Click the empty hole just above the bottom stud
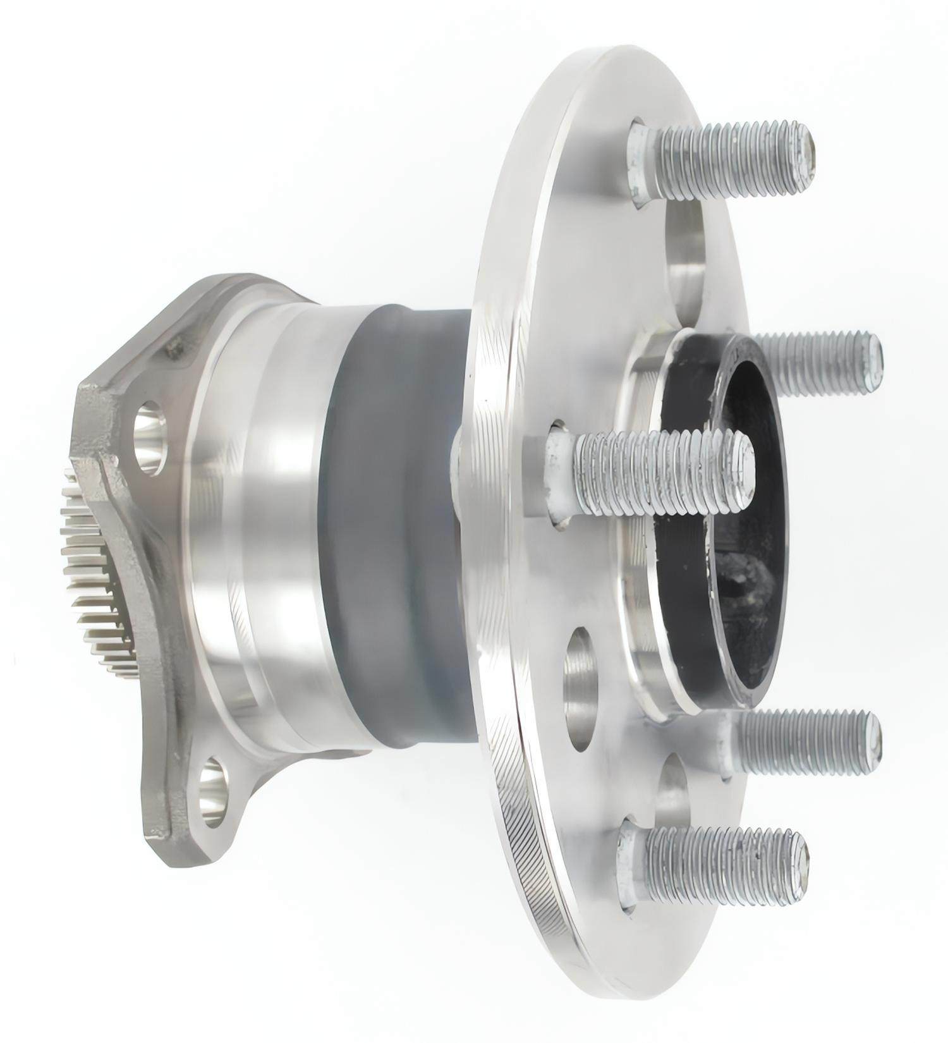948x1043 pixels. pyautogui.click(x=673, y=790)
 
